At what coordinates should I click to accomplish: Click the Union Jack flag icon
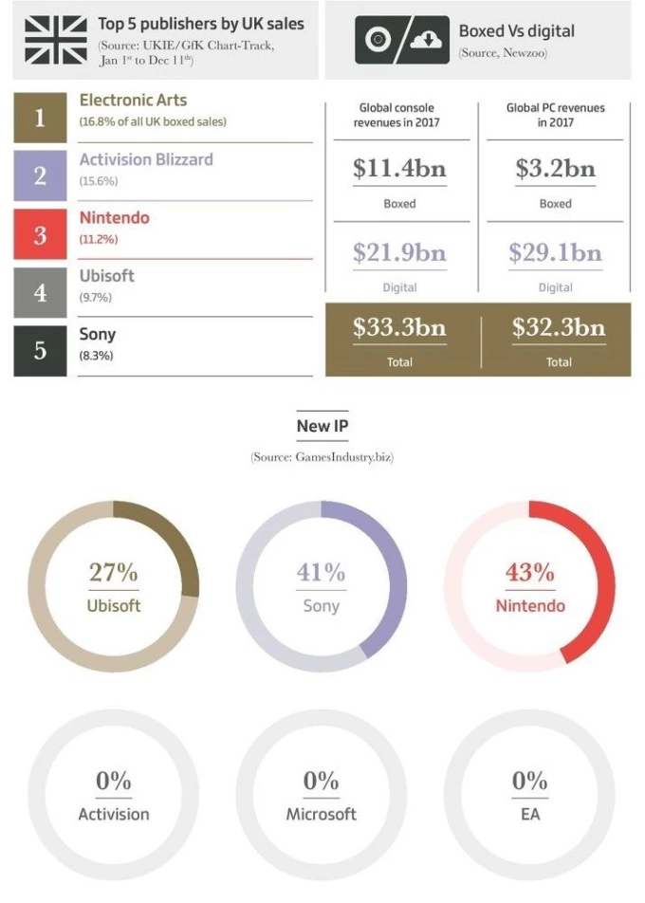click(55, 39)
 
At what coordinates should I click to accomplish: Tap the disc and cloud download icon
click(401, 40)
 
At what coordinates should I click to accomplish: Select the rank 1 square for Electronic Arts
click(40, 118)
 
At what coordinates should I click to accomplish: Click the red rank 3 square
click(40, 234)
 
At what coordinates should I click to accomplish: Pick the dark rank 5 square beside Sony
click(40, 350)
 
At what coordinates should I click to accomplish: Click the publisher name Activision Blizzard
click(146, 159)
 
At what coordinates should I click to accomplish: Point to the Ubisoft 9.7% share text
click(95, 298)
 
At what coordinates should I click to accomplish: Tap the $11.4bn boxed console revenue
click(399, 169)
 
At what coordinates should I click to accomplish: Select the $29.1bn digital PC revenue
click(555, 252)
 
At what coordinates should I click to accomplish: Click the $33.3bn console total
click(399, 328)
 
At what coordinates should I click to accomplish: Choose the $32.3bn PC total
click(558, 328)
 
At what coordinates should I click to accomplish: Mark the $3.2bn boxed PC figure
click(555, 169)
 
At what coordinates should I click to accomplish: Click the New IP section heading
click(322, 426)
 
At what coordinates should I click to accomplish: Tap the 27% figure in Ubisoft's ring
click(114, 572)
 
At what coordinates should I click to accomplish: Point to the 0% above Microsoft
click(322, 781)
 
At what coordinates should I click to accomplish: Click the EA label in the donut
click(529, 814)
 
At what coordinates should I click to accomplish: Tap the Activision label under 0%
click(114, 814)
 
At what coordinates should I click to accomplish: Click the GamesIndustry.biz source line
click(322, 457)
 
